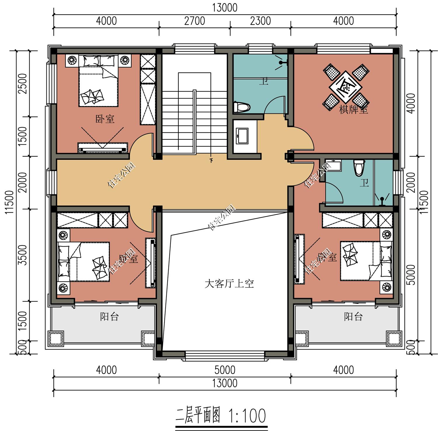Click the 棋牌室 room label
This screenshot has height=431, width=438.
pos(353,110)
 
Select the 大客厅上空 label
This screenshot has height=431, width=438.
pos(229,284)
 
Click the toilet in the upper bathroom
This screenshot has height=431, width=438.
pos(242,107)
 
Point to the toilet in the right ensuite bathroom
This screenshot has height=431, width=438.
pos(359,167)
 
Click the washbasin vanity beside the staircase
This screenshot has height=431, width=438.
pos(242,136)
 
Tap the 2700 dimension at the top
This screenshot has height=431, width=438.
pos(194,21)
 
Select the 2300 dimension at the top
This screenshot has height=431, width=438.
pos(260,21)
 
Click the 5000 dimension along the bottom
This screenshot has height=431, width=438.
pos(225,370)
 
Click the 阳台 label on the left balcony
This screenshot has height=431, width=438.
pos(109,316)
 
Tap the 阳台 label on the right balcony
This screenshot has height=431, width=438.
pos(353,316)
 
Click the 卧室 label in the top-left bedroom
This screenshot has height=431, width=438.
pos(105,119)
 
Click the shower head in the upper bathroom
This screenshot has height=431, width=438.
pos(281,63)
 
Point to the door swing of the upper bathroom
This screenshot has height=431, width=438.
pos(274,105)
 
